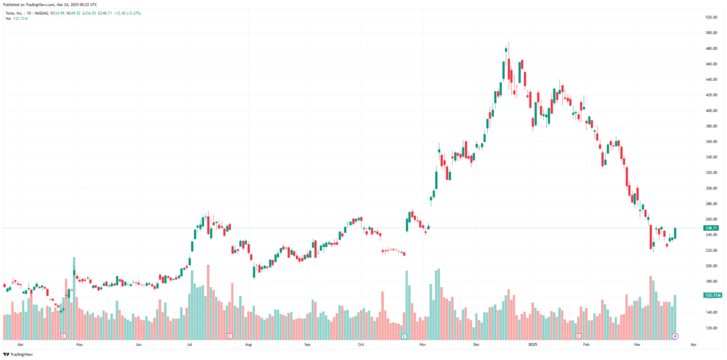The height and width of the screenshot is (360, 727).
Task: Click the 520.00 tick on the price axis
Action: (x=711, y=17)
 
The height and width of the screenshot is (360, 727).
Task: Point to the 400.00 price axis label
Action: (x=711, y=111)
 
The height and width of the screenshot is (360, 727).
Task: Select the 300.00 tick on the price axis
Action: (x=711, y=188)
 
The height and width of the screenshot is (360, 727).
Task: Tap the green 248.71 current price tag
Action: (x=711, y=228)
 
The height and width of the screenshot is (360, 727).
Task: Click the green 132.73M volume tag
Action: (x=711, y=295)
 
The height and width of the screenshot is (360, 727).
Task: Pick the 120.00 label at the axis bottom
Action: (x=711, y=328)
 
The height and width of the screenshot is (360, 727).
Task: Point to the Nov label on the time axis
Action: (x=422, y=344)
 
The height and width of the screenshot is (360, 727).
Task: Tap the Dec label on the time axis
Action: (x=477, y=344)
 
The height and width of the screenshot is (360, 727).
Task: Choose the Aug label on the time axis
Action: (x=248, y=344)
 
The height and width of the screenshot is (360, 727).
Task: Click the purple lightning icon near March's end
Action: (x=675, y=335)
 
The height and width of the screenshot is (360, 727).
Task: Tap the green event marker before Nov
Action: (x=404, y=335)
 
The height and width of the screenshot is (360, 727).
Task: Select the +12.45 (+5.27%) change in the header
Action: (x=129, y=13)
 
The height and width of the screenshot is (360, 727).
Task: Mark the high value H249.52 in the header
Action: (x=74, y=13)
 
